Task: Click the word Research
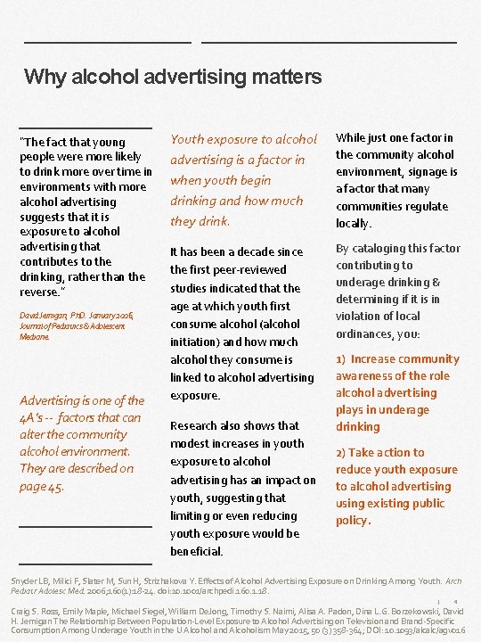198,425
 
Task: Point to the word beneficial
196,551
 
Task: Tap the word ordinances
365,333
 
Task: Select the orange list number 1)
341,359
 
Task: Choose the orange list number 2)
341,452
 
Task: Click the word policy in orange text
353,520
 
